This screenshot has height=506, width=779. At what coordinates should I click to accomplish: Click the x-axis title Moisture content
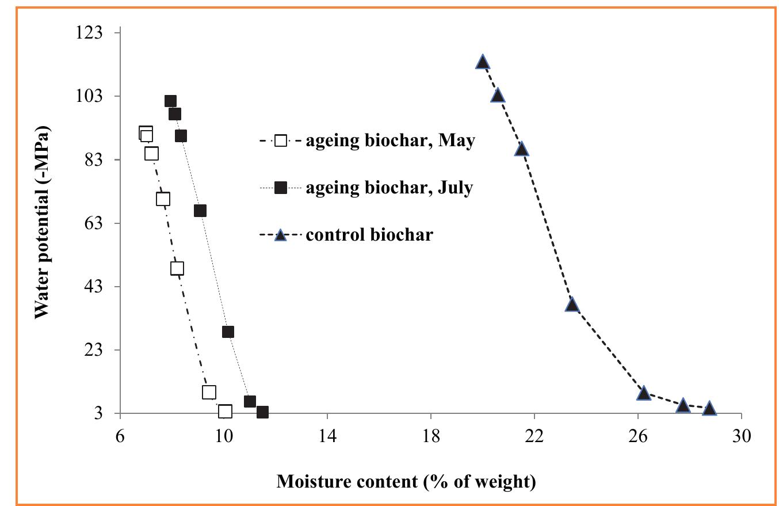pyautogui.click(x=406, y=481)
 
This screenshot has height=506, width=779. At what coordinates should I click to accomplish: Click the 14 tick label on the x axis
pyautogui.click(x=327, y=436)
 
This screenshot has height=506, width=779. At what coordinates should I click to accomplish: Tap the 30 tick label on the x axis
pyautogui.click(x=742, y=436)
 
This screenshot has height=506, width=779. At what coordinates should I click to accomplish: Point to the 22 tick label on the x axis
pyautogui.click(x=534, y=436)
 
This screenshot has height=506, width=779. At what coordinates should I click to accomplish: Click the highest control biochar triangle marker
pyautogui.click(x=483, y=62)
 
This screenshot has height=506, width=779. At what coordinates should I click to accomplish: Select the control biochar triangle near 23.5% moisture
pyautogui.click(x=572, y=305)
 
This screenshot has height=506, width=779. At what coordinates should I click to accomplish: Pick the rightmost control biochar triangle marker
pyautogui.click(x=709, y=408)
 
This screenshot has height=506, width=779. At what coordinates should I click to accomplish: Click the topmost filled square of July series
pyautogui.click(x=170, y=101)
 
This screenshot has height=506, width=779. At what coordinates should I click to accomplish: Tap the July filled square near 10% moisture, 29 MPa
pyautogui.click(x=228, y=332)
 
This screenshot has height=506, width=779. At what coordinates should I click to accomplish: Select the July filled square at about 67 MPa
pyautogui.click(x=200, y=211)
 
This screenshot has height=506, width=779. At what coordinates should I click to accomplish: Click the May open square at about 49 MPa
pyautogui.click(x=177, y=268)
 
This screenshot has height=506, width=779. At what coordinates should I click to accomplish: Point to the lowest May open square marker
pyautogui.click(x=225, y=412)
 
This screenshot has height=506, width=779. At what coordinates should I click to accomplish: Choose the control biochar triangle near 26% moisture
pyautogui.click(x=644, y=393)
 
